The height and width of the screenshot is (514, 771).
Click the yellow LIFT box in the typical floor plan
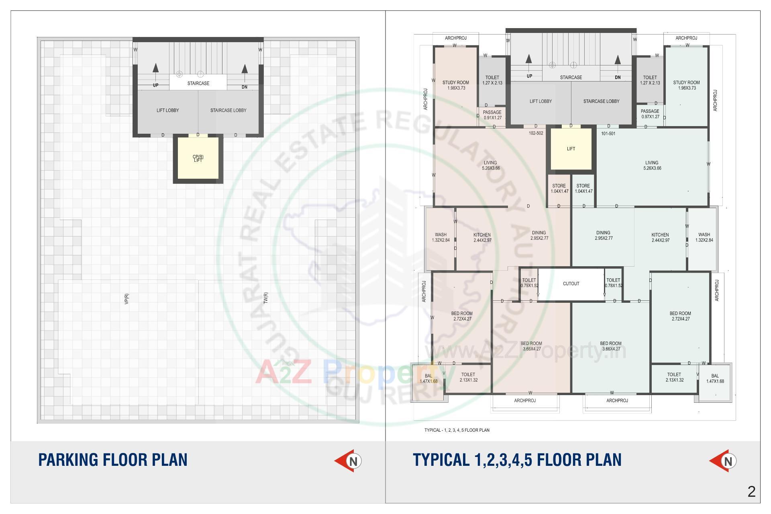pos(571,149)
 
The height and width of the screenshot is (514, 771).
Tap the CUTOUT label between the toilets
pos(571,284)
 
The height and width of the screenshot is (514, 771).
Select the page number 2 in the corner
pos(752,492)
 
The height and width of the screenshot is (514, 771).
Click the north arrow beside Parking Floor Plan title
pos(349,461)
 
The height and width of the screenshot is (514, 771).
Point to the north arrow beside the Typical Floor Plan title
pos(723,461)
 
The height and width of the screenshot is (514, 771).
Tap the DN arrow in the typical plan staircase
pos(618,61)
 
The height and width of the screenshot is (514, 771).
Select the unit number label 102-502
pos(536,133)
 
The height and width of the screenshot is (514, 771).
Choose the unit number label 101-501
pos(608,133)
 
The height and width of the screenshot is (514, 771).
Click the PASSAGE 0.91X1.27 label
pos(492,115)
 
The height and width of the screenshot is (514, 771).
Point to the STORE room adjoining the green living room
pos(583,188)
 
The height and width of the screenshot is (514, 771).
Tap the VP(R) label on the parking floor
pos(127,299)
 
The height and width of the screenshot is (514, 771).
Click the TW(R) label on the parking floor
pos(265,298)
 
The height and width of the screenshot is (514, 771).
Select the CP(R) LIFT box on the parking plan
pos(198,158)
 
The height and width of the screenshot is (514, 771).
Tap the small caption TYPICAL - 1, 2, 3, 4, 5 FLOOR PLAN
pos(457,430)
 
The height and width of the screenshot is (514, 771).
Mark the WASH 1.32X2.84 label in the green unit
pos(704,237)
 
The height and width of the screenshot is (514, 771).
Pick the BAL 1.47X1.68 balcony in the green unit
pos(715,379)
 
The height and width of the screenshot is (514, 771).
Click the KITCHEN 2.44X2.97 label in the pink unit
pos(482,238)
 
